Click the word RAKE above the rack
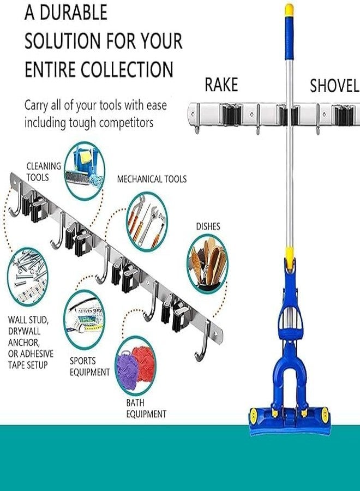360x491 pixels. (x=221, y=85)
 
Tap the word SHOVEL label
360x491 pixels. (x=334, y=86)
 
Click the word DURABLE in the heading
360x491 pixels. (x=74, y=13)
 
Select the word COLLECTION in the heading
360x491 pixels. (x=127, y=69)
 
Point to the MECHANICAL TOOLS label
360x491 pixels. (x=152, y=179)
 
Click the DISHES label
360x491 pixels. (x=208, y=226)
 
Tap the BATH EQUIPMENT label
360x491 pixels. (x=146, y=408)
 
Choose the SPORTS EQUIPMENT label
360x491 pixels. (x=90, y=367)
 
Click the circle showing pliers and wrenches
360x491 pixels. (x=147, y=221)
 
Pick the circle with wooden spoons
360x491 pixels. (x=207, y=264)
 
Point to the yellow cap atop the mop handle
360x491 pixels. (x=289, y=10)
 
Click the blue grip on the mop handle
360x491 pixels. (x=289, y=38)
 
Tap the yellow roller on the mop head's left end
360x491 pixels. (x=253, y=415)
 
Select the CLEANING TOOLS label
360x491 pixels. (x=44, y=172)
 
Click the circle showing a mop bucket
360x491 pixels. (x=85, y=171)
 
